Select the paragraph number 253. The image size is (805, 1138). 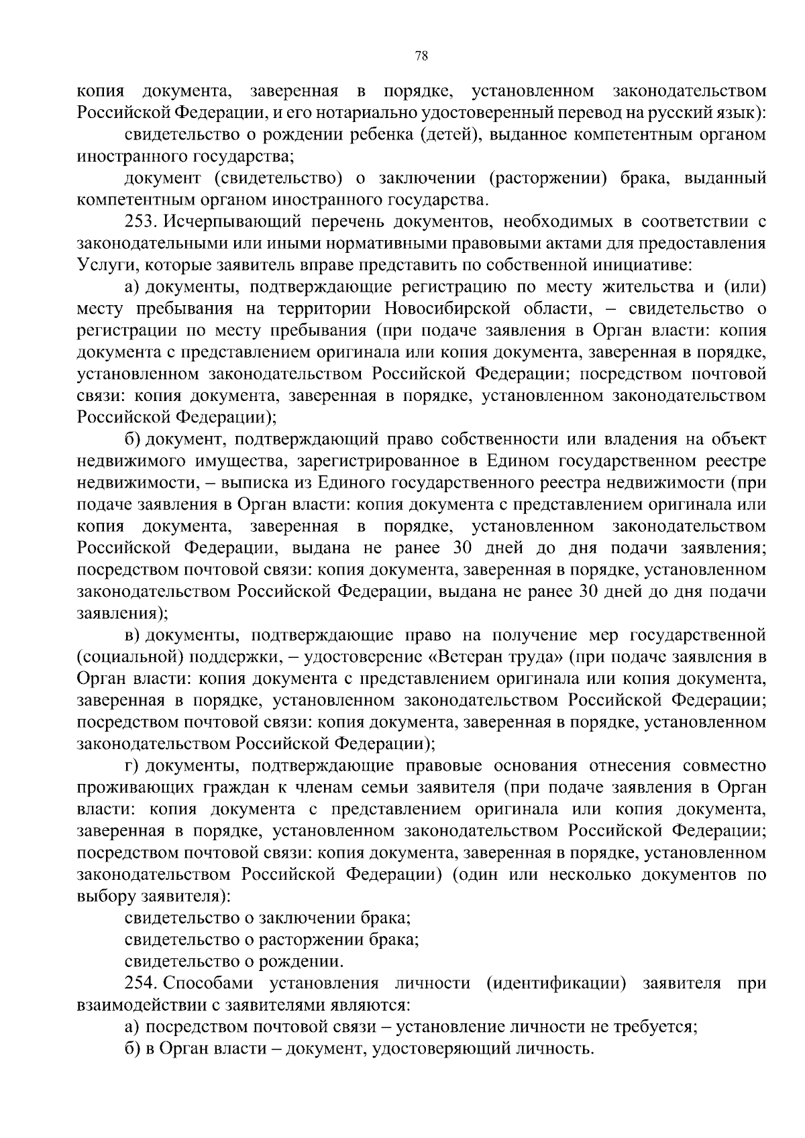point(142,221)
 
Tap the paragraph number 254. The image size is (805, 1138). point(142,983)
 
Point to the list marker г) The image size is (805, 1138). point(131,766)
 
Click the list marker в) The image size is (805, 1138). point(132,634)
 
